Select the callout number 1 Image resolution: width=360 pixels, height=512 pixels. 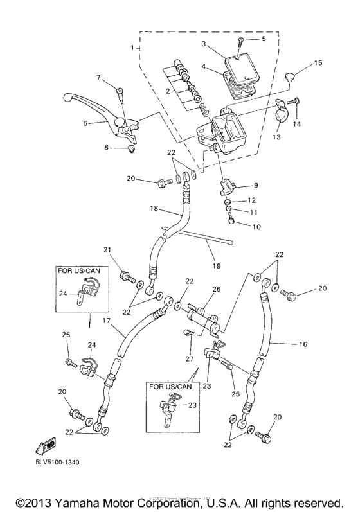[132, 48]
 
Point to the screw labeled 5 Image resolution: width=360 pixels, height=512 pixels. [240, 40]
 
